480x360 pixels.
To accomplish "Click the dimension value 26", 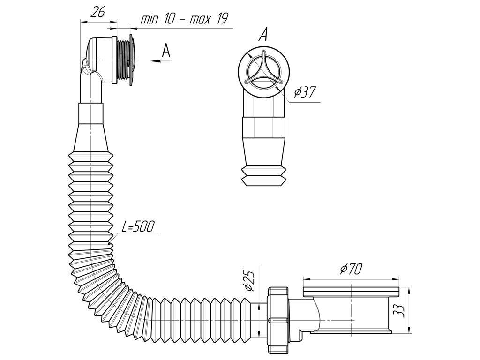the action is [x=98, y=12].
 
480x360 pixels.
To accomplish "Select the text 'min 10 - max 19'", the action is [x=185, y=19].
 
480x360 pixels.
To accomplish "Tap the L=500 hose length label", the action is [x=138, y=227].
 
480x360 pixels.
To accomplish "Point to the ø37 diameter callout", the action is [x=305, y=92].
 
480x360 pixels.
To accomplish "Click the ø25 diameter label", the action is [x=249, y=281].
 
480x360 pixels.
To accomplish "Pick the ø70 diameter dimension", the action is [x=351, y=269].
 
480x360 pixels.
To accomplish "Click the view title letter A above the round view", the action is [x=262, y=35].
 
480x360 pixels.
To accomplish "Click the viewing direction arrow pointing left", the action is [x=161, y=61].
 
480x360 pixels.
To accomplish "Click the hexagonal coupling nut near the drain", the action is [x=278, y=320].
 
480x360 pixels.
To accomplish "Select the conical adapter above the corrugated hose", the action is [x=91, y=137].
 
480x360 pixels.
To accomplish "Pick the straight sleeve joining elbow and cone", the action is [x=91, y=113].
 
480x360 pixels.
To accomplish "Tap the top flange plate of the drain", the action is [x=351, y=292].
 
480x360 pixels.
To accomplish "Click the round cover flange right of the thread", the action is [x=132, y=60].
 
